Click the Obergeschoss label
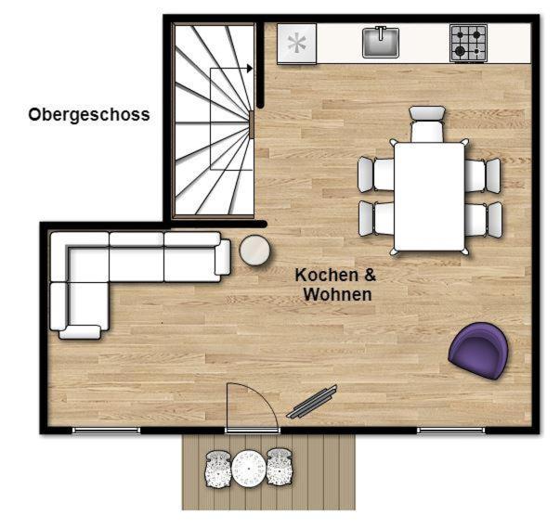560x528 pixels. click(89, 115)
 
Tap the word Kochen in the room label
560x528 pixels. click(321, 275)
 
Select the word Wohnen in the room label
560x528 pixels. click(337, 294)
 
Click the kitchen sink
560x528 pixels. click(381, 42)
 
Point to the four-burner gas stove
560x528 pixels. click(468, 44)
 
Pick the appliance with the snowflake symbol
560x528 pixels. click(297, 44)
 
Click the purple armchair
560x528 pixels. click(478, 351)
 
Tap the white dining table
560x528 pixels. click(430, 197)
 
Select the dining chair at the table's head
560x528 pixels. click(427, 123)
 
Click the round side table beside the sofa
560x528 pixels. click(254, 251)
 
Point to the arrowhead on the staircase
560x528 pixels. click(250, 68)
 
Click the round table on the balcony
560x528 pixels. click(248, 469)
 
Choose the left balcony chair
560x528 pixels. click(218, 469)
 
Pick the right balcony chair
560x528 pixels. click(280, 468)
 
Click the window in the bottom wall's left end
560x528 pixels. click(106, 431)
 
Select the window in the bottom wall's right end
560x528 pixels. click(451, 431)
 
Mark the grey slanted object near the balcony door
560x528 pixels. click(312, 402)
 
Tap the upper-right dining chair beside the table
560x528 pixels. click(483, 175)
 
